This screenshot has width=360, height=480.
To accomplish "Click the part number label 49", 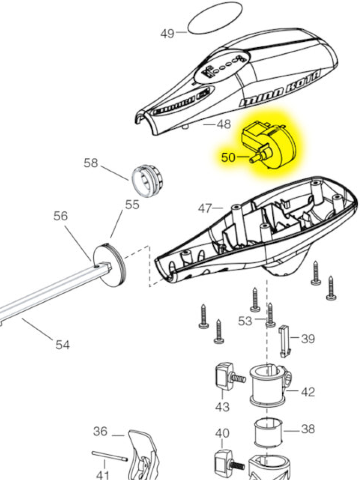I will (167, 34).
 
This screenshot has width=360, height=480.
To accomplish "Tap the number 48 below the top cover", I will (224, 125).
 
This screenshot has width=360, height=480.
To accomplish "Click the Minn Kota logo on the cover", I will (280, 88).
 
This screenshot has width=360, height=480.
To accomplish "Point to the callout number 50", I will (228, 157).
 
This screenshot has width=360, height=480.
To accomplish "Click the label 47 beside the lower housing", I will (206, 208).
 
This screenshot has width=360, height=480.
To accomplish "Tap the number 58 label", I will (91, 163).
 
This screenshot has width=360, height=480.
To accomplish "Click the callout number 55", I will (132, 205).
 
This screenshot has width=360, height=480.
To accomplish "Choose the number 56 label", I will (61, 216).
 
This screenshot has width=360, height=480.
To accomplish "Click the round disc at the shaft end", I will (109, 266).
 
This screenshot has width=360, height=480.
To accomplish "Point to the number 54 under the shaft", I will (62, 344).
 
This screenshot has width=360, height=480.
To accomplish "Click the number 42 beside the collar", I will (308, 392).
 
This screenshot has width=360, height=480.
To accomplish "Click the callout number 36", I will (100, 432).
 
